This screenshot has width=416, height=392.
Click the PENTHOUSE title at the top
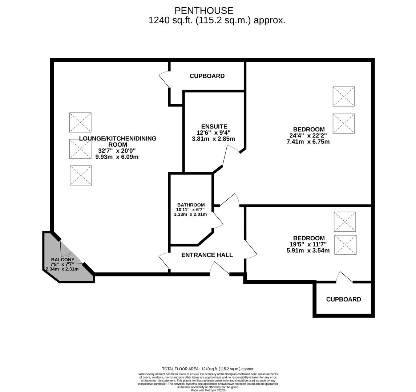204,11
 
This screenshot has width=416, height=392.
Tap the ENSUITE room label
214,126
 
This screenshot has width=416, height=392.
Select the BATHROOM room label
191,205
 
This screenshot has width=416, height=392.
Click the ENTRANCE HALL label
207,255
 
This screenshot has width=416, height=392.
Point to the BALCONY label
62,260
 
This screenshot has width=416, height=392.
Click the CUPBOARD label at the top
207,76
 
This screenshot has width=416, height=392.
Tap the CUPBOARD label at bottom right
343,299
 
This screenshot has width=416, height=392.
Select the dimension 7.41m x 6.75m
308,142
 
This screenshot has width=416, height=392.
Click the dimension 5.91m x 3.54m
308,250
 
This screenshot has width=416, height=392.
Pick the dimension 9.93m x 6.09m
117,157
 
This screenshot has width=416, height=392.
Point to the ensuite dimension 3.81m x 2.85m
213,139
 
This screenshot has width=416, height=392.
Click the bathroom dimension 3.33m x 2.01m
190,214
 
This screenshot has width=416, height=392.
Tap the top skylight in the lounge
80,122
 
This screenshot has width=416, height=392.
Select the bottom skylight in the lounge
81,175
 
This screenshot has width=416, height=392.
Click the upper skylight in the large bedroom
344,96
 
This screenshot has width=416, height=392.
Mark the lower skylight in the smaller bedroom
345,245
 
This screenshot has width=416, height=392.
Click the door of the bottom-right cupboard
344,277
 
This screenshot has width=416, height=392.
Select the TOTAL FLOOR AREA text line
208,369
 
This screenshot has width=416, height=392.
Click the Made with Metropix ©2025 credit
208,390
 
